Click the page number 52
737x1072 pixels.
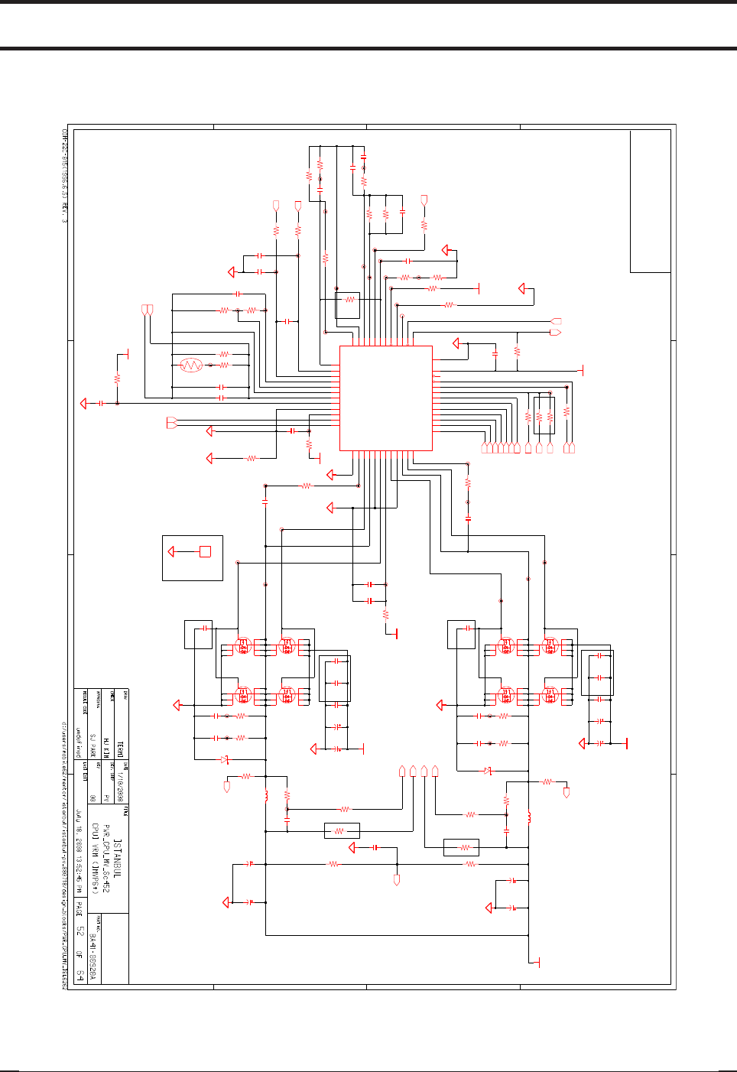click(x=79, y=931)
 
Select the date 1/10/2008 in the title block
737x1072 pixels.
click(x=121, y=781)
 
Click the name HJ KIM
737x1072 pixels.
click(x=106, y=747)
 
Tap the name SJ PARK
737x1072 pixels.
click(x=93, y=744)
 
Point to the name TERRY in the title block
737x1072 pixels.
click(x=120, y=747)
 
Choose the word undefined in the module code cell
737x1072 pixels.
click(x=79, y=742)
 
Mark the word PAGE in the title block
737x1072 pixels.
click(x=79, y=909)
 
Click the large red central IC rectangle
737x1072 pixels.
click(x=386, y=398)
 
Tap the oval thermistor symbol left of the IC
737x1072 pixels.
click(x=191, y=365)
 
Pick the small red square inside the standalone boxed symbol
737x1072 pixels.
click(x=205, y=551)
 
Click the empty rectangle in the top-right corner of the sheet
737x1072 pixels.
click(x=650, y=201)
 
